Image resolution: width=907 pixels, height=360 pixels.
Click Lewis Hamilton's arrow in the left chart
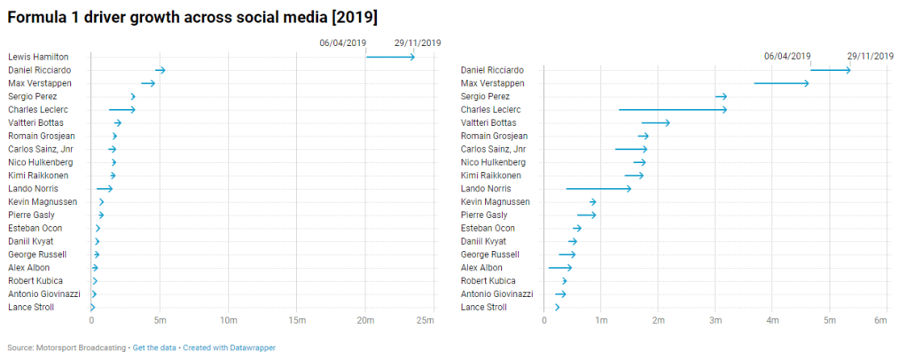click(x=390, y=57)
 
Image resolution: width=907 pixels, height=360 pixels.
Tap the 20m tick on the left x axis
click(x=365, y=319)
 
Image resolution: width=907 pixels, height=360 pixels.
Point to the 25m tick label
click(x=426, y=319)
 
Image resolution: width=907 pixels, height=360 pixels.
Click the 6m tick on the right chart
click(x=880, y=319)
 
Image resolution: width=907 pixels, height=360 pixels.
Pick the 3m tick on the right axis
click(x=715, y=319)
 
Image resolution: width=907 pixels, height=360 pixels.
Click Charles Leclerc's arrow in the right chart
click(x=672, y=110)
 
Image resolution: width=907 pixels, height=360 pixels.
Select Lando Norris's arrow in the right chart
click(x=598, y=189)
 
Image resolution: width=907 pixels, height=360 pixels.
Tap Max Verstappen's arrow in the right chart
click(x=781, y=83)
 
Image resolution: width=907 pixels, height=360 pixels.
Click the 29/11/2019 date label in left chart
click(x=418, y=43)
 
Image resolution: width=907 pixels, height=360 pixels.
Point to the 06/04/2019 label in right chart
click(x=787, y=56)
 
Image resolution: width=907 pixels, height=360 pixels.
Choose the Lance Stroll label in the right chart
click(x=484, y=307)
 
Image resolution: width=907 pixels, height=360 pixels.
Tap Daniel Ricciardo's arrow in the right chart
click(x=830, y=70)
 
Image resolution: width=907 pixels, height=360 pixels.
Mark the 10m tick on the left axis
click(x=228, y=319)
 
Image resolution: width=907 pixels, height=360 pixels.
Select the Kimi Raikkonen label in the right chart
click(x=490, y=176)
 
